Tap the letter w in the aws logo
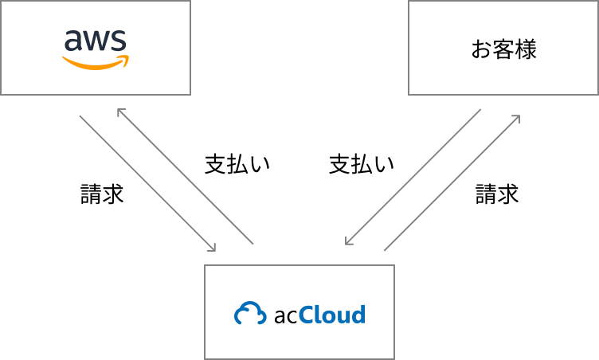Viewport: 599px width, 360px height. coord(94,41)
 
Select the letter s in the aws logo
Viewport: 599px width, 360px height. coord(118,41)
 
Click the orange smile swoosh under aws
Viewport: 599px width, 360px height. coord(96,62)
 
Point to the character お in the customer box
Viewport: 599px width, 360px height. coord(481,50)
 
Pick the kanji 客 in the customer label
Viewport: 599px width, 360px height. coord(503,50)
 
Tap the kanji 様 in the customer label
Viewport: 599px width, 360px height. coord(526,50)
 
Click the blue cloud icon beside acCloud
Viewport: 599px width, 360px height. coord(250,313)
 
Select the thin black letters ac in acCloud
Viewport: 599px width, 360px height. coord(285,315)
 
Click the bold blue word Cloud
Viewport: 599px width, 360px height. coord(333,313)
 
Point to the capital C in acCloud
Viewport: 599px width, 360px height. coord(308,313)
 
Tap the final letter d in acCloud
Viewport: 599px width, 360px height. coord(358,313)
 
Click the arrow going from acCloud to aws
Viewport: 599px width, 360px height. coord(186,176)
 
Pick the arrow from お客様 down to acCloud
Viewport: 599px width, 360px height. coord(413,177)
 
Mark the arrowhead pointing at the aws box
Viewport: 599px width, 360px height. coord(120,112)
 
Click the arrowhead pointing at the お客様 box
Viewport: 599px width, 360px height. coord(517,118)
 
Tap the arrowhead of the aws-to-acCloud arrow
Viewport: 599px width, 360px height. coord(213,248)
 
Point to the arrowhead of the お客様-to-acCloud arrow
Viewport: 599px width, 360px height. coord(348,241)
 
